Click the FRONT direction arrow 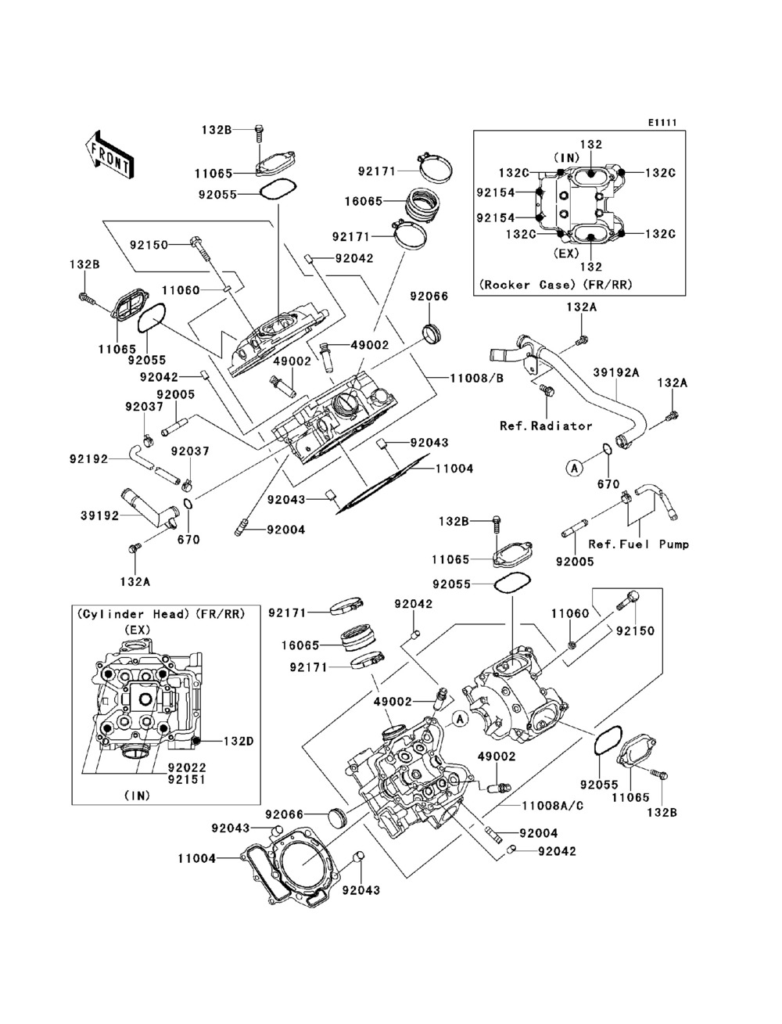pyautogui.click(x=110, y=154)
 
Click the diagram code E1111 pyautogui.click(x=662, y=123)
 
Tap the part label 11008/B pyautogui.click(x=476, y=378)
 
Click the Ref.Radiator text pyautogui.click(x=546, y=426)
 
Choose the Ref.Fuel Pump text pyautogui.click(x=638, y=544)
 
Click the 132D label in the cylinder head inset pyautogui.click(x=239, y=741)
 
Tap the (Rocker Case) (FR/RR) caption pyautogui.click(x=556, y=285)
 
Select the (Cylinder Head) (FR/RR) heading pyautogui.click(x=161, y=614)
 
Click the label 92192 pyautogui.click(x=88, y=459)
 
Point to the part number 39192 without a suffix pyautogui.click(x=100, y=516)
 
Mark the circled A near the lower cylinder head pyautogui.click(x=461, y=719)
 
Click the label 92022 pyautogui.click(x=187, y=767)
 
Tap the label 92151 pyautogui.click(x=187, y=779)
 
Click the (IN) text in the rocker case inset pyautogui.click(x=567, y=158)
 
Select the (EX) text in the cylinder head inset pyautogui.click(x=138, y=629)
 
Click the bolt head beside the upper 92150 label pyautogui.click(x=195, y=241)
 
